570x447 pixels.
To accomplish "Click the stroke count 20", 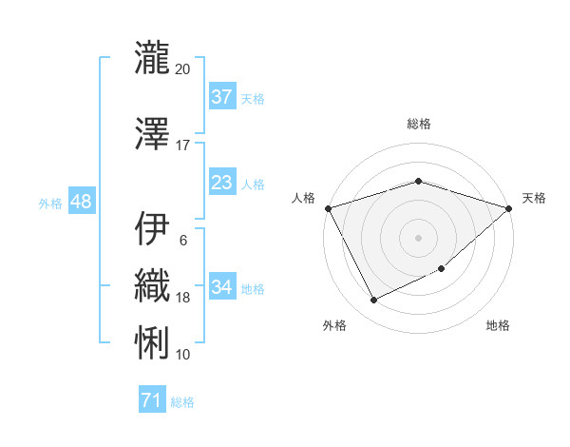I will (183, 68).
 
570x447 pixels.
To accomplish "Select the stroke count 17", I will (183, 145).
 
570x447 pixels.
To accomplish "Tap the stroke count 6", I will (183, 240).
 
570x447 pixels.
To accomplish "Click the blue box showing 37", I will (221, 97).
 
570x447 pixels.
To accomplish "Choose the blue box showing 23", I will (221, 183).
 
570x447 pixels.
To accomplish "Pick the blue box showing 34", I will (221, 287).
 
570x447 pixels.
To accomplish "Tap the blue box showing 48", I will (81, 202).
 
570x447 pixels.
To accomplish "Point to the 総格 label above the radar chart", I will (418, 124).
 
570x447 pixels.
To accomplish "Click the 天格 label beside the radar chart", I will (534, 198).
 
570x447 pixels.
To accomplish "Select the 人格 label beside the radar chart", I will (304, 198).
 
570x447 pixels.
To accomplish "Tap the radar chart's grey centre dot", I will (418, 237).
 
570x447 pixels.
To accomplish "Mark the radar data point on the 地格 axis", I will (443, 270).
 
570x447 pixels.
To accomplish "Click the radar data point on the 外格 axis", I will (373, 301).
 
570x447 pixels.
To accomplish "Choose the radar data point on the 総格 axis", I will (418, 181).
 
